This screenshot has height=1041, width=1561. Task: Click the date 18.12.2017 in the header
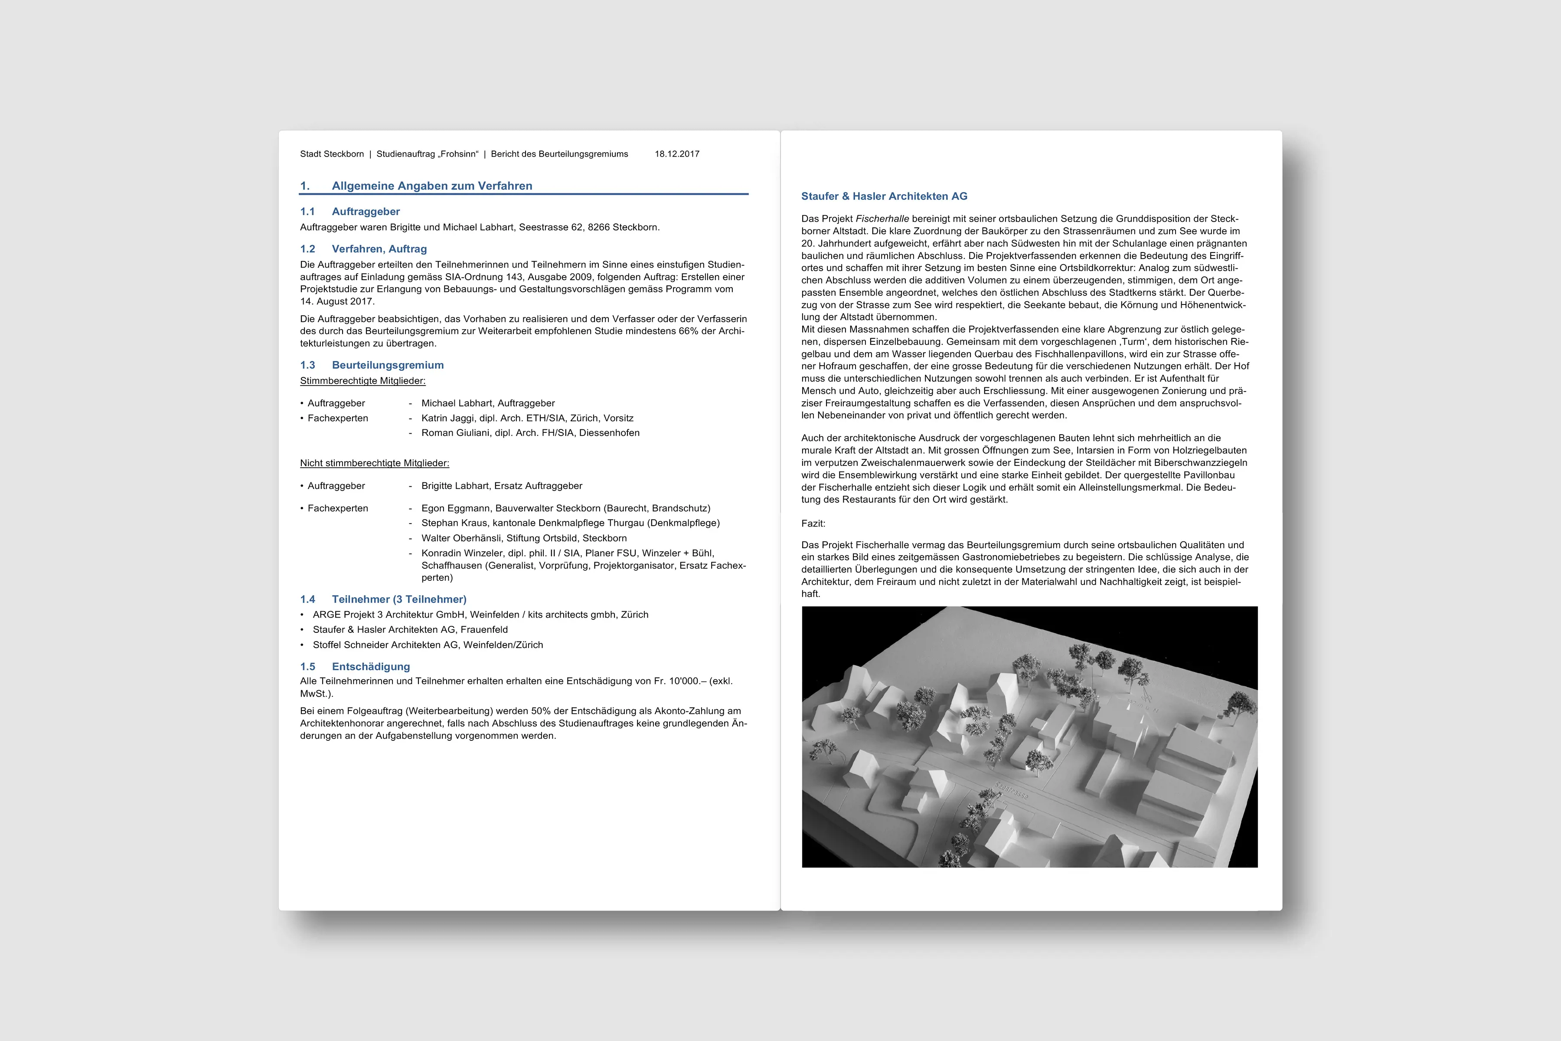point(676,154)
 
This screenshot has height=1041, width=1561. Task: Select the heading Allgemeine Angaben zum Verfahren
point(431,186)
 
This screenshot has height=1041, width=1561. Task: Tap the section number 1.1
point(307,212)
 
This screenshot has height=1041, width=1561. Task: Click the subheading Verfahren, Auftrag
point(379,249)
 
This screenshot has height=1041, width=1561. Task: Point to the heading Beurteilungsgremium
point(388,365)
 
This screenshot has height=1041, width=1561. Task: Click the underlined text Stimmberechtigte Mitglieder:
point(362,381)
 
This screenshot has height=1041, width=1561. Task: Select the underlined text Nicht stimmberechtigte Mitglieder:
point(374,463)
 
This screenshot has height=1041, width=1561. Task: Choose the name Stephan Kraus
point(454,523)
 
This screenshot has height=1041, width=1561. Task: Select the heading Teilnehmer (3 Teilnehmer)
point(399,599)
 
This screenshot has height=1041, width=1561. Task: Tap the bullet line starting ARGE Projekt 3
point(480,615)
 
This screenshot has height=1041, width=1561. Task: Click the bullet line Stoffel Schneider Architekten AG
point(428,645)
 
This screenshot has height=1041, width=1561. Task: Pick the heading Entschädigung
point(370,667)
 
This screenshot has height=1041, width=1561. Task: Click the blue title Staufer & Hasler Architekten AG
point(884,196)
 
